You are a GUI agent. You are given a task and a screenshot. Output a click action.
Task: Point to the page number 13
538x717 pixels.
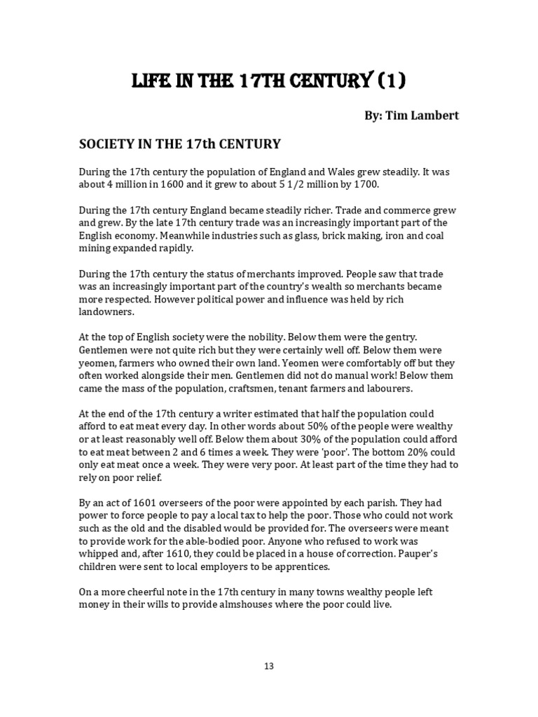click(x=269, y=666)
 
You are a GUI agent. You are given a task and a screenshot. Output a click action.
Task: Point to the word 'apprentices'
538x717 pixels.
click(x=299, y=567)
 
